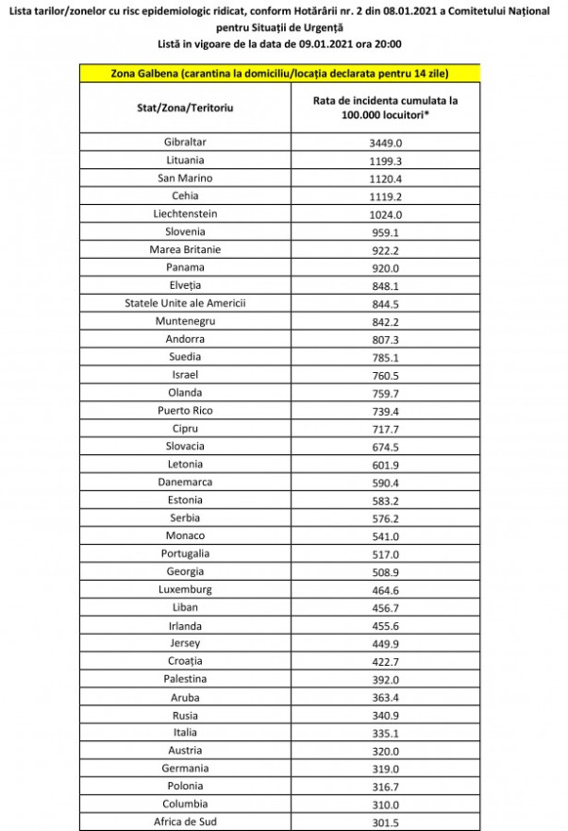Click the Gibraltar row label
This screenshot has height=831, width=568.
[185, 142]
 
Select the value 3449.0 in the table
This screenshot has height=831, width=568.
[386, 142]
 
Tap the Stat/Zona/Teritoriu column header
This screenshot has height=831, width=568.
[185, 109]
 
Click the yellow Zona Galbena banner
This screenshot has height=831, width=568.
[278, 73]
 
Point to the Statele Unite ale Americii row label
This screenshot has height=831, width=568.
[185, 303]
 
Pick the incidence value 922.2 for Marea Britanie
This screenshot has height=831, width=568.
[386, 249]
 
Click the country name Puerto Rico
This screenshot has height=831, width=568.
[185, 411]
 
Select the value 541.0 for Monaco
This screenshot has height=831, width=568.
[386, 535]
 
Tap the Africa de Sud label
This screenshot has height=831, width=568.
[185, 822]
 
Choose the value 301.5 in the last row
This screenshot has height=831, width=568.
[386, 822]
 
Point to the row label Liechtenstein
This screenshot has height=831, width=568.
[185, 213]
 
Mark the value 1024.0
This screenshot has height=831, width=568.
[386, 213]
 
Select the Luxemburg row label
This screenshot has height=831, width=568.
[185, 589]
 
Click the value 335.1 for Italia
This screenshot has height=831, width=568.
[386, 732]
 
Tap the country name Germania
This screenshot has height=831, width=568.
[185, 768]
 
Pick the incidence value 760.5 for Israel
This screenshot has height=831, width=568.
[386, 374]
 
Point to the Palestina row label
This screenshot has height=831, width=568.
[185, 678]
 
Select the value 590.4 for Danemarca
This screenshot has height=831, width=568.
[386, 482]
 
